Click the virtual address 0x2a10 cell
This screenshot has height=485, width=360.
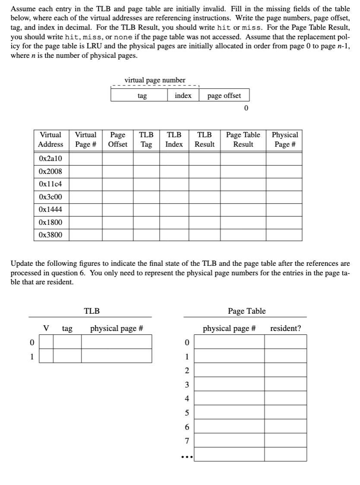(50, 158)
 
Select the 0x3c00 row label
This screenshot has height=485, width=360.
(50, 197)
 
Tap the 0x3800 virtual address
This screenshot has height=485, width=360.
(50, 235)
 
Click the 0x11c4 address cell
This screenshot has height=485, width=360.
(50, 184)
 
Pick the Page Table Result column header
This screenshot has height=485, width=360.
(243, 140)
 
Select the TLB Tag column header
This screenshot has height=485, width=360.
(146, 140)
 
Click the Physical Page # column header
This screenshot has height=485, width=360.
(284, 140)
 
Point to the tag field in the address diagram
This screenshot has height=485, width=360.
(142, 96)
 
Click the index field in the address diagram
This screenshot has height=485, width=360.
(183, 96)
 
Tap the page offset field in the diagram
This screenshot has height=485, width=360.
(224, 96)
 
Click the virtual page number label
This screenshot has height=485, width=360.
(155, 80)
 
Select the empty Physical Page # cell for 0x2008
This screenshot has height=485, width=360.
(284, 171)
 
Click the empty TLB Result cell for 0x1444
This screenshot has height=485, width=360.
(204, 210)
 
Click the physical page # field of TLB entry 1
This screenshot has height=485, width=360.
(117, 356)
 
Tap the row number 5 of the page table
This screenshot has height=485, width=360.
(186, 413)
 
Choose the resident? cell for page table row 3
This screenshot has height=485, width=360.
(285, 384)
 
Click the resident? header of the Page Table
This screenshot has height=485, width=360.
(285, 329)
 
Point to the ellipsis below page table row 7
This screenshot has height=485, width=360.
(186, 457)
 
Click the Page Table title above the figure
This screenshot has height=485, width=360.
(246, 311)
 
